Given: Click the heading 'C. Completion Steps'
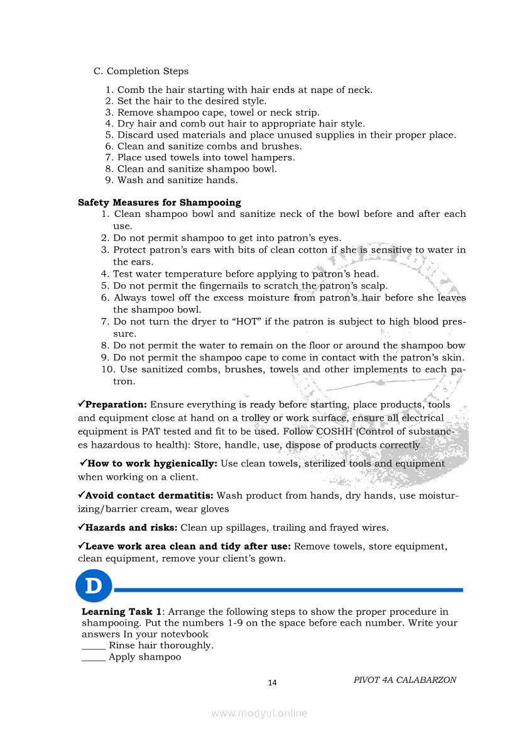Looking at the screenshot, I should pyautogui.click(x=141, y=71).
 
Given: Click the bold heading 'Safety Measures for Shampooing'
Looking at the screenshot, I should pyautogui.click(x=160, y=202).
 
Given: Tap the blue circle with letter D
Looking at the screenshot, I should pyautogui.click(x=94, y=586).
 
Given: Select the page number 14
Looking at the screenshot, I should pyautogui.click(x=272, y=683).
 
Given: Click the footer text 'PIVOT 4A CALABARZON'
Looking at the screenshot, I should pyautogui.click(x=405, y=680).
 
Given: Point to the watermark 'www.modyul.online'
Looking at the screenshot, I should pyautogui.click(x=259, y=713).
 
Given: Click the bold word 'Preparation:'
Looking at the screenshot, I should pyautogui.click(x=116, y=404).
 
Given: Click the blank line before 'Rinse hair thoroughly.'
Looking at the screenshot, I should pyautogui.click(x=94, y=646).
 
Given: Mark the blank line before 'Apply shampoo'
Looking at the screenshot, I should pyautogui.click(x=94, y=658).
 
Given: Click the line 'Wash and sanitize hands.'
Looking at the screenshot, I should pyautogui.click(x=177, y=180).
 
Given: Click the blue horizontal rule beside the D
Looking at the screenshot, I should pyautogui.click(x=289, y=590).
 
